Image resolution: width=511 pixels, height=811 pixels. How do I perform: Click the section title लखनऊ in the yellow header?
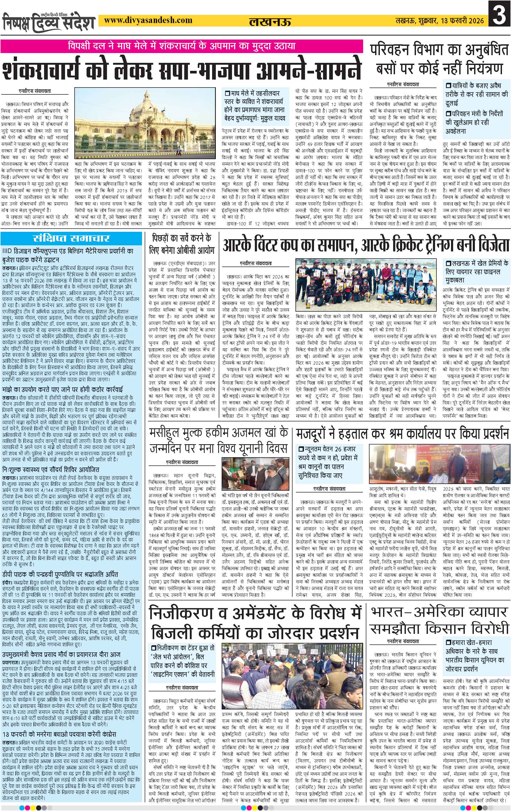tap(266, 22)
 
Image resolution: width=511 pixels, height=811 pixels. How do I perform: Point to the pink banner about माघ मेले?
tap(181, 45)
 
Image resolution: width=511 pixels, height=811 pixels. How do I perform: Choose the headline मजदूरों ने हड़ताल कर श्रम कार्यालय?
tap(402, 434)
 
